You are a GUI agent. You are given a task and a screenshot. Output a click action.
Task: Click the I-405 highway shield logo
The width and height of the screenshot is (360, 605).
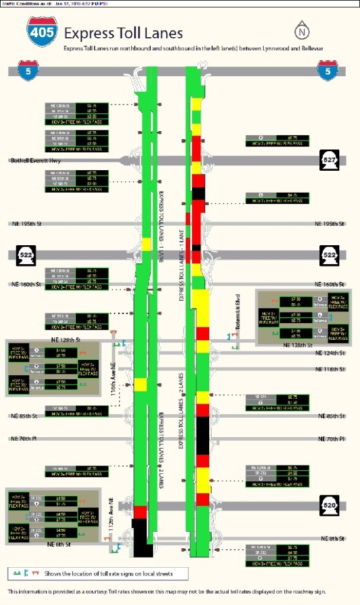42,32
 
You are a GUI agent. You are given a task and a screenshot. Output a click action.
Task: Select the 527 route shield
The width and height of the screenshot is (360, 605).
329,160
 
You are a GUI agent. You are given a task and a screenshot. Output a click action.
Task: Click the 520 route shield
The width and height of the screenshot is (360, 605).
329,505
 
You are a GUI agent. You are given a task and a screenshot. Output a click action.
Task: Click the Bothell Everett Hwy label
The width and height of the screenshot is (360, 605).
35,160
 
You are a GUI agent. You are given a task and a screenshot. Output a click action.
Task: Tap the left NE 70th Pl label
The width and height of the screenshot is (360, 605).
24,438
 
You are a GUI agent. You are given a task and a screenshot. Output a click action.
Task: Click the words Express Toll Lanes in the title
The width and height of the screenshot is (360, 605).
123,33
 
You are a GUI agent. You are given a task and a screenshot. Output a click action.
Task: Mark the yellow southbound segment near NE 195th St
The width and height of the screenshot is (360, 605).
147,244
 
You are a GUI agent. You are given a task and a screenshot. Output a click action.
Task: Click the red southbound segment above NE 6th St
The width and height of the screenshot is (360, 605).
140,512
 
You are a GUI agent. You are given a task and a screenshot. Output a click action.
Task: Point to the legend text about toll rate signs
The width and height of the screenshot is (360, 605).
107,573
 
